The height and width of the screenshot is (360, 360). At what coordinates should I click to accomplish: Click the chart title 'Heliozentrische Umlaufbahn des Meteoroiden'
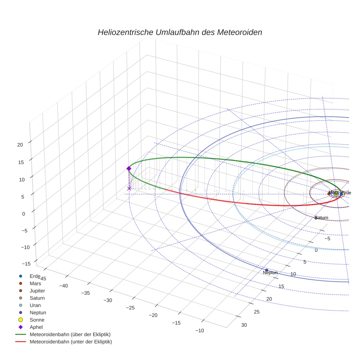(x=180, y=32)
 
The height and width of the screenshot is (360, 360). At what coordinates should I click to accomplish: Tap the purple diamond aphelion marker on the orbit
(x=129, y=168)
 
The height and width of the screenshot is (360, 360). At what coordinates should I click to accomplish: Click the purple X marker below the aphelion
(x=129, y=188)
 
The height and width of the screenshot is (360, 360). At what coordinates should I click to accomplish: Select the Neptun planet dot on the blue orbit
(x=267, y=270)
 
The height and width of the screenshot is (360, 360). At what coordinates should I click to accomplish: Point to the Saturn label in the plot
(x=322, y=218)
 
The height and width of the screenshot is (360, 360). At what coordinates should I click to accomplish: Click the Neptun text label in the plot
(x=270, y=273)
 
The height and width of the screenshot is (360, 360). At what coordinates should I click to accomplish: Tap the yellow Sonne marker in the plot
(x=336, y=194)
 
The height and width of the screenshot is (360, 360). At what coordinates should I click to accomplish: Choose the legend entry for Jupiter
(x=37, y=290)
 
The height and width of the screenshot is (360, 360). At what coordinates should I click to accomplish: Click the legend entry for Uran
(x=35, y=305)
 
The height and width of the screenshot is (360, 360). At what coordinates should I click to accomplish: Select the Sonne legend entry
(x=37, y=320)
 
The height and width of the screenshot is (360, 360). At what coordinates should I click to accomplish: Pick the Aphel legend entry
(x=36, y=327)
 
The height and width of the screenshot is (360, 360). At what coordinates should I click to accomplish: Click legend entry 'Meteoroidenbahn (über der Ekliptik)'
(x=70, y=334)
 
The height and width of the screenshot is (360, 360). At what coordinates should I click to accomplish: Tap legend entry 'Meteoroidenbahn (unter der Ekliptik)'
(x=71, y=342)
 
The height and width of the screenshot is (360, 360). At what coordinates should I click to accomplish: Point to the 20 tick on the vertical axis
(x=20, y=145)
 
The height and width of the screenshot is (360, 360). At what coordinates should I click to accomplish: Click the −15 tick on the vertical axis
(x=26, y=264)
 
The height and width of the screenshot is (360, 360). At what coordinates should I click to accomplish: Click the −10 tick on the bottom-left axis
(x=200, y=330)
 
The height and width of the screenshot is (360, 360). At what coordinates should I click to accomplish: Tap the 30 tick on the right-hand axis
(x=244, y=325)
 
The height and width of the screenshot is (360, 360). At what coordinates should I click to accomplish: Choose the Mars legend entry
(x=35, y=283)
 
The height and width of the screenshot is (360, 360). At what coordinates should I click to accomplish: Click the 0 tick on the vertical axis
(x=23, y=214)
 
